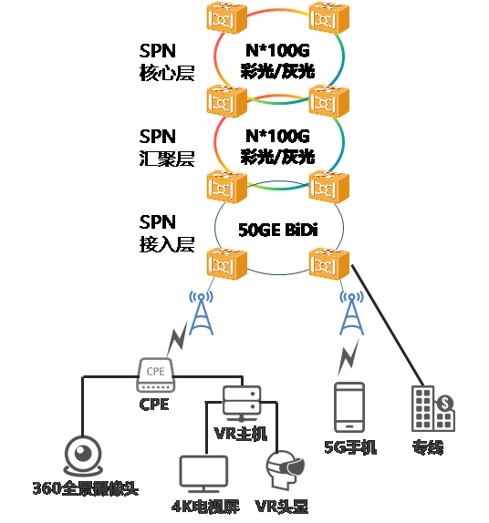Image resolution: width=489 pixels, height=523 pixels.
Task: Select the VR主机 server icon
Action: pos(243,402)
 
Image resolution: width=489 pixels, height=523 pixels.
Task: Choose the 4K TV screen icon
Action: pos(203,475)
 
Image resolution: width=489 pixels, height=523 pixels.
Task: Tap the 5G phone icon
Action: pos(350,407)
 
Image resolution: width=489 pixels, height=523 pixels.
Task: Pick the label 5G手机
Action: pos(350,447)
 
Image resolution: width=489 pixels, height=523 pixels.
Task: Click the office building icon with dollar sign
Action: pos(432,407)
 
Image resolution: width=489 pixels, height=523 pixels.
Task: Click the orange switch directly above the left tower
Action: pos(224,264)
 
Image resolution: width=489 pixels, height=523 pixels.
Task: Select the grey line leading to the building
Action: pos(388,323)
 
